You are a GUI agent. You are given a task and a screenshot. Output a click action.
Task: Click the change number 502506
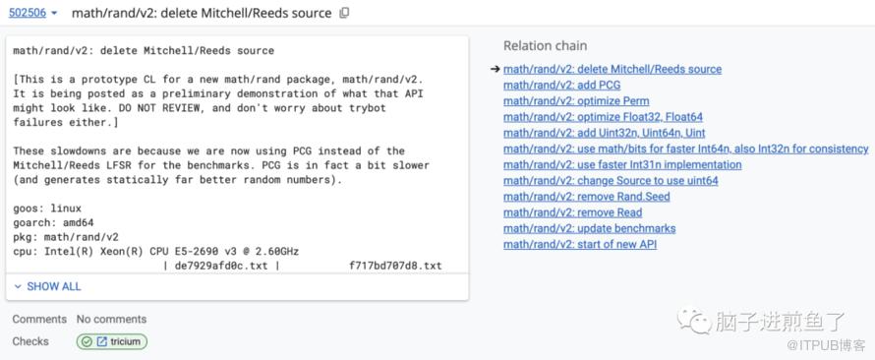pyautogui.click(x=28, y=13)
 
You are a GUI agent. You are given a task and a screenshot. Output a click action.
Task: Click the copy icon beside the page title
pyautogui.click(x=344, y=13)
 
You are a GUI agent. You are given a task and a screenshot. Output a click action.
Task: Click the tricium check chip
pyautogui.click(x=112, y=341)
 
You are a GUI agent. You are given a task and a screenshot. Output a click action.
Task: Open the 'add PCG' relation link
pyautogui.click(x=561, y=86)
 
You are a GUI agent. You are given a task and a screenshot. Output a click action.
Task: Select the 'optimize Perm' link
pyautogui.click(x=576, y=101)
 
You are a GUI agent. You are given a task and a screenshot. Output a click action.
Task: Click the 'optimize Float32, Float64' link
pyautogui.click(x=603, y=117)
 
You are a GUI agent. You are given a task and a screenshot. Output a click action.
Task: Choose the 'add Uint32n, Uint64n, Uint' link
pyautogui.click(x=604, y=133)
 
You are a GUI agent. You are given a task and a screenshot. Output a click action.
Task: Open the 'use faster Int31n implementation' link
pyautogui.click(x=622, y=164)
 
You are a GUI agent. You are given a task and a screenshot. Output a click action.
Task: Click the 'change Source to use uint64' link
pyautogui.click(x=611, y=181)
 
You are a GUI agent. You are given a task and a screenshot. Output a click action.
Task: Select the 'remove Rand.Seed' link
pyautogui.click(x=587, y=197)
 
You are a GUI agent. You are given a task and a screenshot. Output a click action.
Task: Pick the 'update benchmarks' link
pyautogui.click(x=589, y=228)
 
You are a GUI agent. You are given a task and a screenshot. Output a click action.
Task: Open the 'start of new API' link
pyautogui.click(x=580, y=245)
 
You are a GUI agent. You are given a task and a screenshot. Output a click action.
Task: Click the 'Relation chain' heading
pyautogui.click(x=545, y=46)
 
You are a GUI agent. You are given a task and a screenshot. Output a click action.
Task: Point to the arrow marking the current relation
pyautogui.click(x=495, y=69)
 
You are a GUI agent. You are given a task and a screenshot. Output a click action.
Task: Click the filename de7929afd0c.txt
pyautogui.click(x=221, y=266)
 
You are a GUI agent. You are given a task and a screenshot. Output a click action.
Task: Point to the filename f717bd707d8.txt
pyautogui.click(x=395, y=266)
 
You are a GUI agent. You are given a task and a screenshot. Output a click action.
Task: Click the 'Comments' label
pyautogui.click(x=39, y=320)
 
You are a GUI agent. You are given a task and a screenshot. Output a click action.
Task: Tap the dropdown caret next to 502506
pyautogui.click(x=54, y=14)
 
